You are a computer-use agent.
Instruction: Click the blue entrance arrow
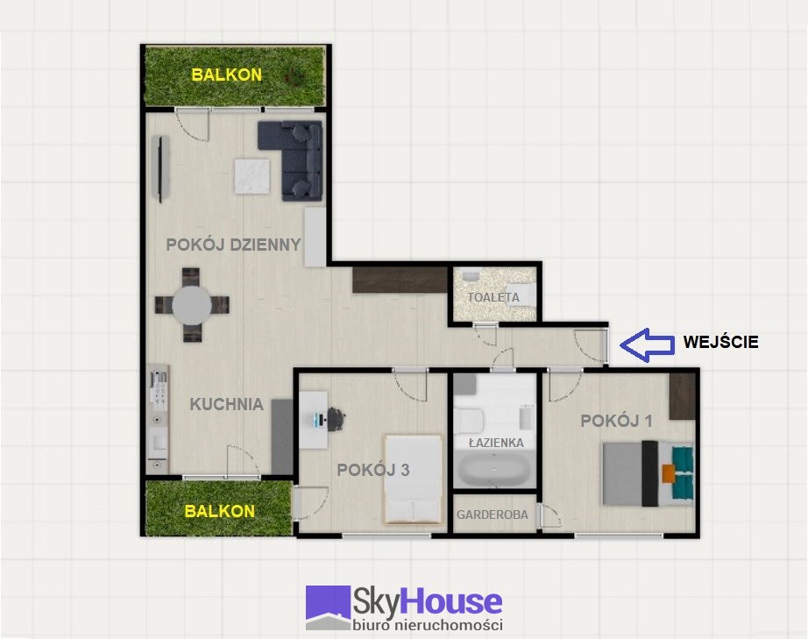[647, 344]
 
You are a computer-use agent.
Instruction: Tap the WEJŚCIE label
[720, 342]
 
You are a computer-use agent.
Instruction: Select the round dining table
[192, 305]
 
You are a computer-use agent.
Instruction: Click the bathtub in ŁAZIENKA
[494, 470]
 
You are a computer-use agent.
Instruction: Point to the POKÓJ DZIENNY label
[233, 245]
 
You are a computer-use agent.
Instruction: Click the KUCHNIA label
[227, 404]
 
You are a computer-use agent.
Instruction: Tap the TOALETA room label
[493, 297]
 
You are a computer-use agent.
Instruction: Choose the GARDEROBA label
[493, 515]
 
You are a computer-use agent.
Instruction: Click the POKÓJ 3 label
[373, 470]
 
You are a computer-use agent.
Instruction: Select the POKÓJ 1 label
[616, 421]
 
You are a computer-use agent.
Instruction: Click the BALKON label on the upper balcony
[227, 75]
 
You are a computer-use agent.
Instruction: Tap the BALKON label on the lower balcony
[219, 511]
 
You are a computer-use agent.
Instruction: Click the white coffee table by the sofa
[252, 176]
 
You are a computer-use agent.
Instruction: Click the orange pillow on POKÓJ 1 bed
[669, 473]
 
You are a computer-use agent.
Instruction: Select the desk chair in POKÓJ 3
[336, 418]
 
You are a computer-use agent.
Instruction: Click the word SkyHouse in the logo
[427, 602]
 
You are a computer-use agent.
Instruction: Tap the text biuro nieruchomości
[428, 625]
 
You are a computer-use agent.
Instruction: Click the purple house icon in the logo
[329, 607]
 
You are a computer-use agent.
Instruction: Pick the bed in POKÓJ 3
[414, 479]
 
